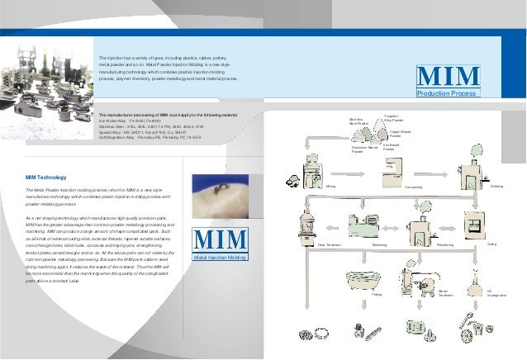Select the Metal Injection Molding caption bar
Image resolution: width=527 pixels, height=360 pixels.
(x=221, y=258)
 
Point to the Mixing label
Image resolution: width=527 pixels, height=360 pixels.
(x=330, y=187)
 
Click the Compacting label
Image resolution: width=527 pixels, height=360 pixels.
(x=413, y=188)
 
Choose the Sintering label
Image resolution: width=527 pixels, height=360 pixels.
(x=496, y=187)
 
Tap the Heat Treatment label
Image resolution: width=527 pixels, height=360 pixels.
(x=306, y=245)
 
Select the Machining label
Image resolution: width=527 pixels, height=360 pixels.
(x=381, y=245)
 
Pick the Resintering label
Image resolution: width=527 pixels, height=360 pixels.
(x=446, y=245)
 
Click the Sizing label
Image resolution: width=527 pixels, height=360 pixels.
(x=492, y=244)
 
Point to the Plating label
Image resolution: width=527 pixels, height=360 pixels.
(x=377, y=294)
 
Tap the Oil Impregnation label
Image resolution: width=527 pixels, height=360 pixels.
(x=496, y=293)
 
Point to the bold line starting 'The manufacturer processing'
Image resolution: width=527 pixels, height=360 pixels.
(x=168, y=114)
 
